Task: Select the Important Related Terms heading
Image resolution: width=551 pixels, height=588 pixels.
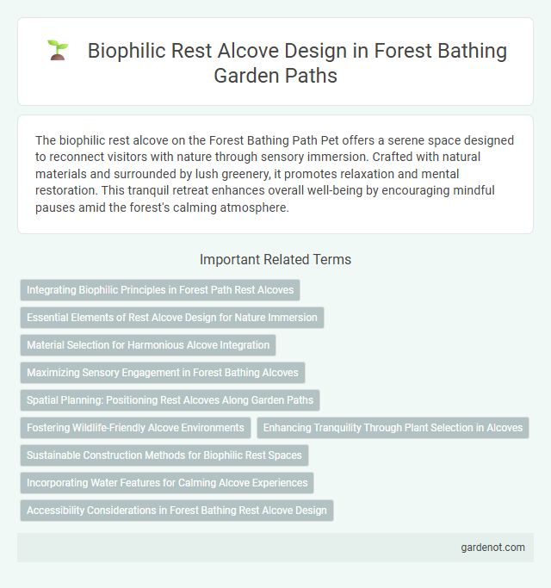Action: [275, 259]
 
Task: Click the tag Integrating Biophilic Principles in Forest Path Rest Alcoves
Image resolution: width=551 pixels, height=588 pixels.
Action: [159, 290]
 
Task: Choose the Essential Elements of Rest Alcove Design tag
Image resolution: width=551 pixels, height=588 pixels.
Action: [171, 318]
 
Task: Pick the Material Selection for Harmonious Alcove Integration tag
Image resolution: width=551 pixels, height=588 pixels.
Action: [148, 345]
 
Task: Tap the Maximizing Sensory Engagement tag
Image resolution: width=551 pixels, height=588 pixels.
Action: [162, 373]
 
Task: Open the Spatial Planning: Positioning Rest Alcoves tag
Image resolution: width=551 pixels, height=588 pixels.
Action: [170, 400]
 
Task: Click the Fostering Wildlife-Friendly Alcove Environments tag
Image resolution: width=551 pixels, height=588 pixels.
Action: [135, 428]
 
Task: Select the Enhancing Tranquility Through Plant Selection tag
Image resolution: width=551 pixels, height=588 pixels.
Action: [393, 428]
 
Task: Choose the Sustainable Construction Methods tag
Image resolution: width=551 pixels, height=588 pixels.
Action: [164, 455]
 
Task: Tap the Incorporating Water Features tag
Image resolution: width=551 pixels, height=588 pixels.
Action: [166, 483]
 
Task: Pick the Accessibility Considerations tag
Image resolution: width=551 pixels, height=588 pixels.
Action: [176, 511]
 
